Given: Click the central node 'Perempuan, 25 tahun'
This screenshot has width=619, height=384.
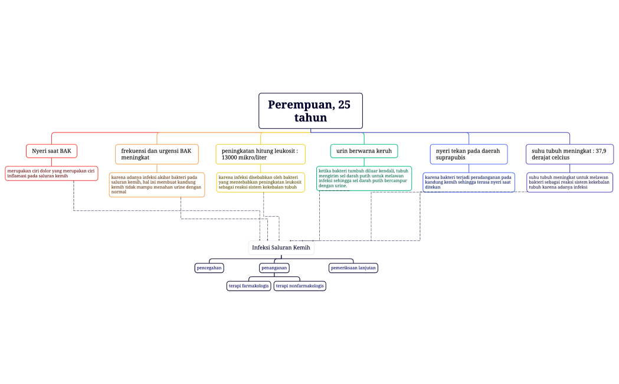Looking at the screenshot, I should (310, 111).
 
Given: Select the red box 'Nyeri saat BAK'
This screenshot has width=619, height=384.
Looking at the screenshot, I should (51, 151).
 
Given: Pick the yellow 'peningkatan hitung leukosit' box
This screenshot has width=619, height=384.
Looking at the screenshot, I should (260, 154).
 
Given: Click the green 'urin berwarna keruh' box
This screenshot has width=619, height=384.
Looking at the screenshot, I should (363, 151).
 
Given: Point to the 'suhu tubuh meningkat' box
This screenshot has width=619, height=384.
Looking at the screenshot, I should (569, 154).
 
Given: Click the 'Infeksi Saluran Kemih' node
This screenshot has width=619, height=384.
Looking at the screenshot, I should (281, 248).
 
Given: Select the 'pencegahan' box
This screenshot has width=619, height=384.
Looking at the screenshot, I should (209, 268).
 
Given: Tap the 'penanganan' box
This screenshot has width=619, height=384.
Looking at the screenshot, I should (274, 268).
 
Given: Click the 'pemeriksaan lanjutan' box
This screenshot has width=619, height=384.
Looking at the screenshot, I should (353, 268).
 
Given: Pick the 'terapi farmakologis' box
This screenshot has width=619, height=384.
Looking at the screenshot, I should (248, 286).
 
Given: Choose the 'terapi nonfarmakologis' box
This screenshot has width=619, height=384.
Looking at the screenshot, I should (300, 286).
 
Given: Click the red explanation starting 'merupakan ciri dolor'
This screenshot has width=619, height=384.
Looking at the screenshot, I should (51, 173).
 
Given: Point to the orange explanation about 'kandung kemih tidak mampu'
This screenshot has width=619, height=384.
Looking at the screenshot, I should (157, 184).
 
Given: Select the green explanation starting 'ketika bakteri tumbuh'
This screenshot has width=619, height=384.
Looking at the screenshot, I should (363, 178).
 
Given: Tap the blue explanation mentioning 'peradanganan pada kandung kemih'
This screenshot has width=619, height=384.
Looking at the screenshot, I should (469, 182).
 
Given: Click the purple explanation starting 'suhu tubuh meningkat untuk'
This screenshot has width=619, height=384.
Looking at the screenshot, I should (569, 182).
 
